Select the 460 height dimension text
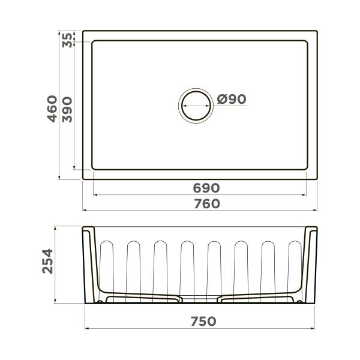coord(53,109)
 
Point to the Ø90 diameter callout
coord(232,100)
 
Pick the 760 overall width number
coord(206,204)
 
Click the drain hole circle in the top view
coord(196,105)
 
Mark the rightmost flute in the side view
coord(295,267)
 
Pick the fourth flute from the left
coord(187,267)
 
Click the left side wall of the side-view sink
coord(88,264)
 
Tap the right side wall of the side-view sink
coord(311,264)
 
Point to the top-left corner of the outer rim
coord(83,31)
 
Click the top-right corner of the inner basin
coord(308,41)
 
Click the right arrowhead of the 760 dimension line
coord(316,211)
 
